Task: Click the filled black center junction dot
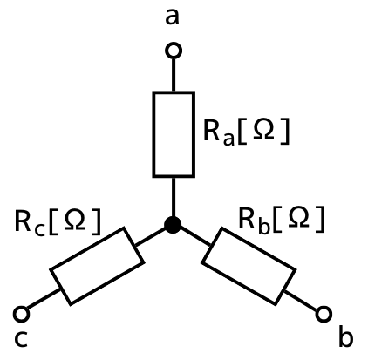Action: pyautogui.click(x=173, y=225)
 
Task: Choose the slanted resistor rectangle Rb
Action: pyautogui.click(x=249, y=266)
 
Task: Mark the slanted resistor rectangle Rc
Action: pyautogui.click(x=98, y=266)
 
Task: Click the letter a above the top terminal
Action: pyautogui.click(x=172, y=17)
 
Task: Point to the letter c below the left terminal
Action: pyautogui.click(x=21, y=339)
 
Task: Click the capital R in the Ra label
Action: pyautogui.click(x=212, y=130)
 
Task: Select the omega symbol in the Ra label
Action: pyautogui.click(x=263, y=129)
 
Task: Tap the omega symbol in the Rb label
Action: pyautogui.click(x=298, y=217)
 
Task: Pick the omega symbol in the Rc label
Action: pyautogui.click(x=75, y=219)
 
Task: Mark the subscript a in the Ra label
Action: pyautogui.click(x=228, y=139)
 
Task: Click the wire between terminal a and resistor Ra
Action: pyautogui.click(x=174, y=75)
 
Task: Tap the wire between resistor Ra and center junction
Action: pyautogui.click(x=174, y=197)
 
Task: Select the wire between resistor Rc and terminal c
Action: pyautogui.click(x=44, y=299)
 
